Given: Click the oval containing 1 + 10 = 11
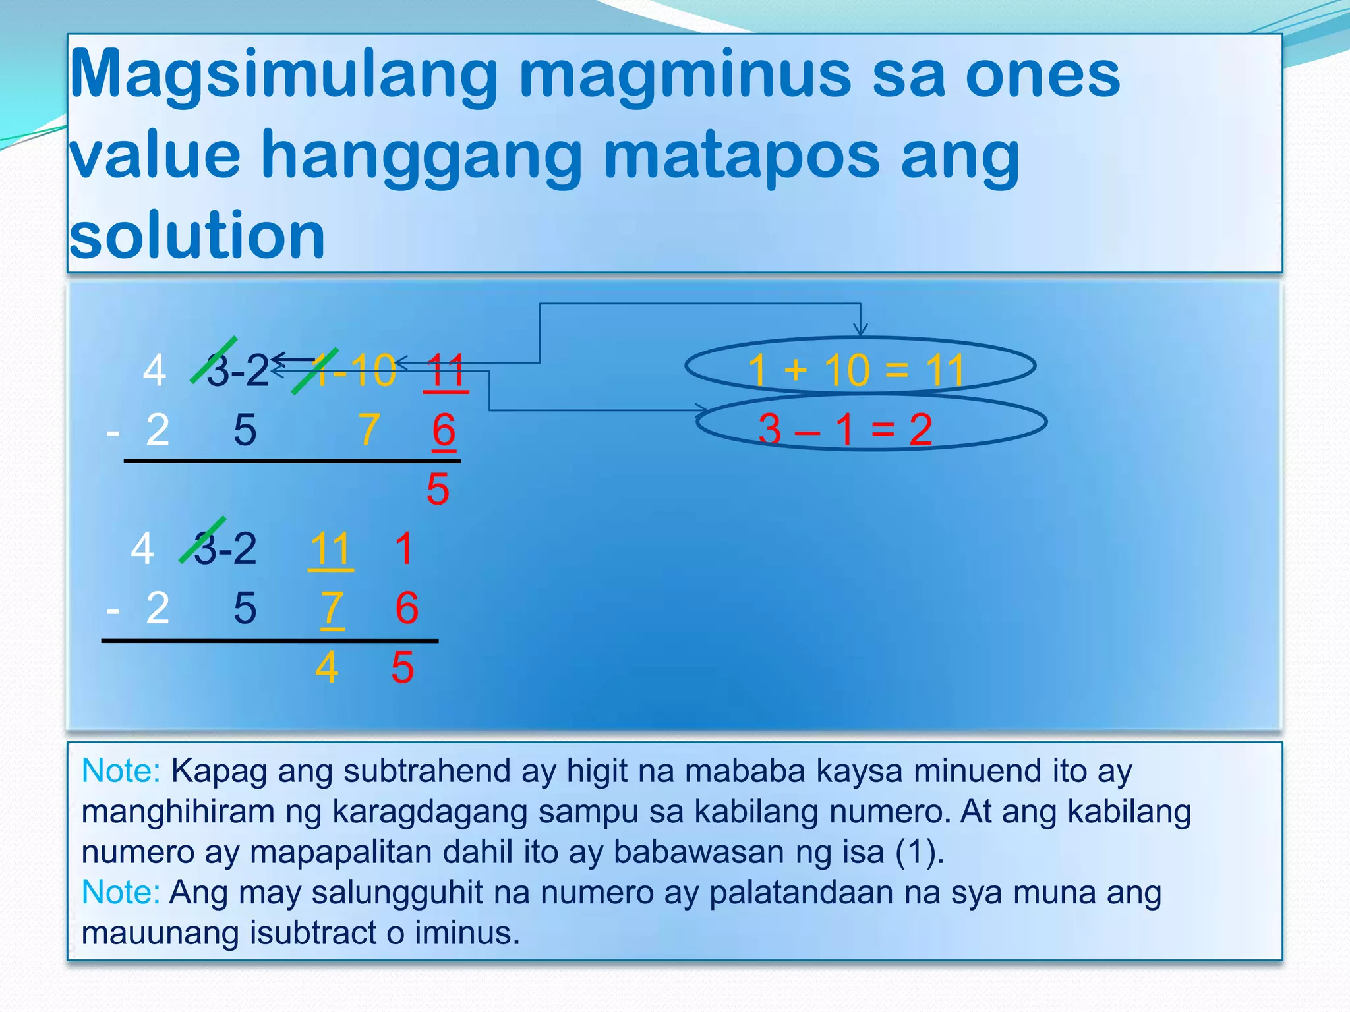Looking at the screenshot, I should pyautogui.click(x=860, y=366).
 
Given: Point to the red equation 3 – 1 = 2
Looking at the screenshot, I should pyautogui.click(x=845, y=429).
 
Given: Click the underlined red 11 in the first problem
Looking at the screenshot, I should pyautogui.click(x=446, y=371).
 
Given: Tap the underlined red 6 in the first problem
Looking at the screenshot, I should pyautogui.click(x=444, y=430).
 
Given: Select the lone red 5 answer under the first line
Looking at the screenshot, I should pyautogui.click(x=438, y=489).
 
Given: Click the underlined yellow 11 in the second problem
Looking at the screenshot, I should pyautogui.click(x=330, y=549).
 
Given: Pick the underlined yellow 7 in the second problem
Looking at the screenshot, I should pyautogui.click(x=332, y=607).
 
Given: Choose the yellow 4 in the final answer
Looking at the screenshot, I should pyautogui.click(x=327, y=667).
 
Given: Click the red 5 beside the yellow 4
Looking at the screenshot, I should pyautogui.click(x=402, y=667).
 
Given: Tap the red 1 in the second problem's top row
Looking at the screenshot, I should pyautogui.click(x=404, y=549).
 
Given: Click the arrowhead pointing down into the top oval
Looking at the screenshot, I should pyautogui.click(x=860, y=330).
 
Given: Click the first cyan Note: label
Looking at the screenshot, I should pyautogui.click(x=121, y=770).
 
